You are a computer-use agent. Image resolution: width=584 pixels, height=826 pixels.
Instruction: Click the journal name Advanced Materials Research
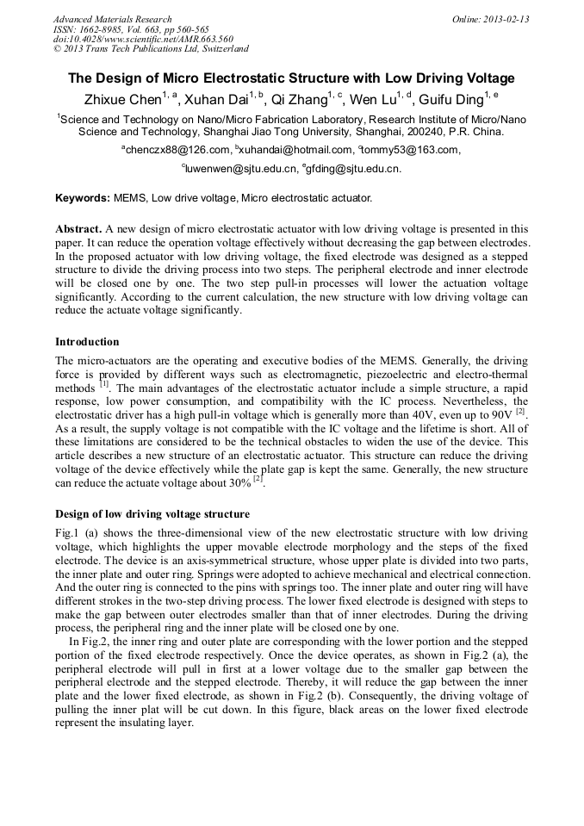click(x=112, y=19)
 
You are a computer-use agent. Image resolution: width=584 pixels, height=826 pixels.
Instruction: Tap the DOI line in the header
click(x=143, y=39)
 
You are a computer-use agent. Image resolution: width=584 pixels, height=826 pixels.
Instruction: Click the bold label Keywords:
click(x=83, y=198)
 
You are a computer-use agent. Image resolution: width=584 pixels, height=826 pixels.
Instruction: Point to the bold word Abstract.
click(x=78, y=229)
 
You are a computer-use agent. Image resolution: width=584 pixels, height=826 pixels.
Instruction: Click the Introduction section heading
click(x=87, y=342)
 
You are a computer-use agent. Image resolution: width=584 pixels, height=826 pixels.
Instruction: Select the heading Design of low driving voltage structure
click(x=152, y=514)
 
